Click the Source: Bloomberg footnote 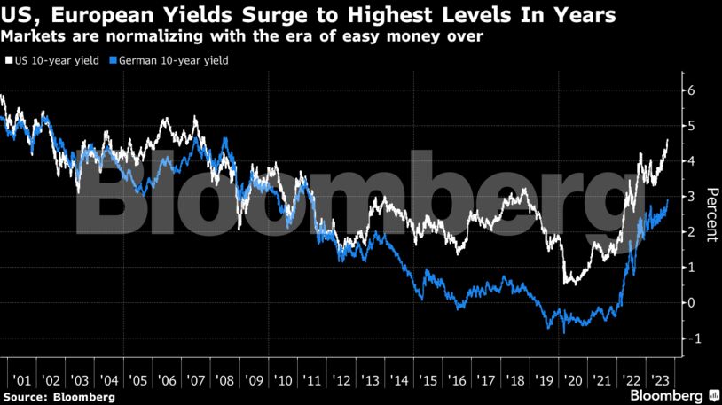[x=59, y=397]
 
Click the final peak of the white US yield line [x=667, y=140]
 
